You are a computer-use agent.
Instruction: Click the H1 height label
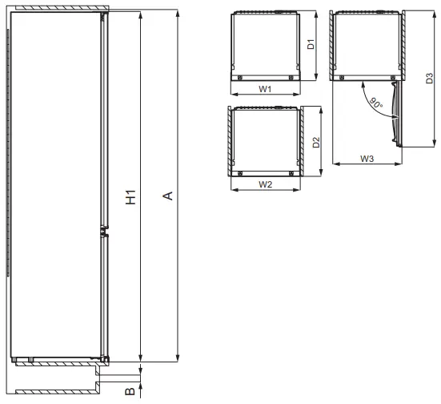pyautogui.click(x=130, y=198)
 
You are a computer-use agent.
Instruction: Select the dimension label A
pyautogui.click(x=167, y=198)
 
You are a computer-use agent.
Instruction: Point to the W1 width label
pyautogui.click(x=267, y=89)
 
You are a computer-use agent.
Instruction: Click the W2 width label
pyautogui.click(x=267, y=184)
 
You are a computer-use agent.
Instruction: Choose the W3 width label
pyautogui.click(x=367, y=160)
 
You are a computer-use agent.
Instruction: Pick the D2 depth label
pyautogui.click(x=317, y=143)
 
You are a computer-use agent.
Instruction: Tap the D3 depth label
pyautogui.click(x=429, y=78)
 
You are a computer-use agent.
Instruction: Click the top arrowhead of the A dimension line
pyautogui.click(x=178, y=14)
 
